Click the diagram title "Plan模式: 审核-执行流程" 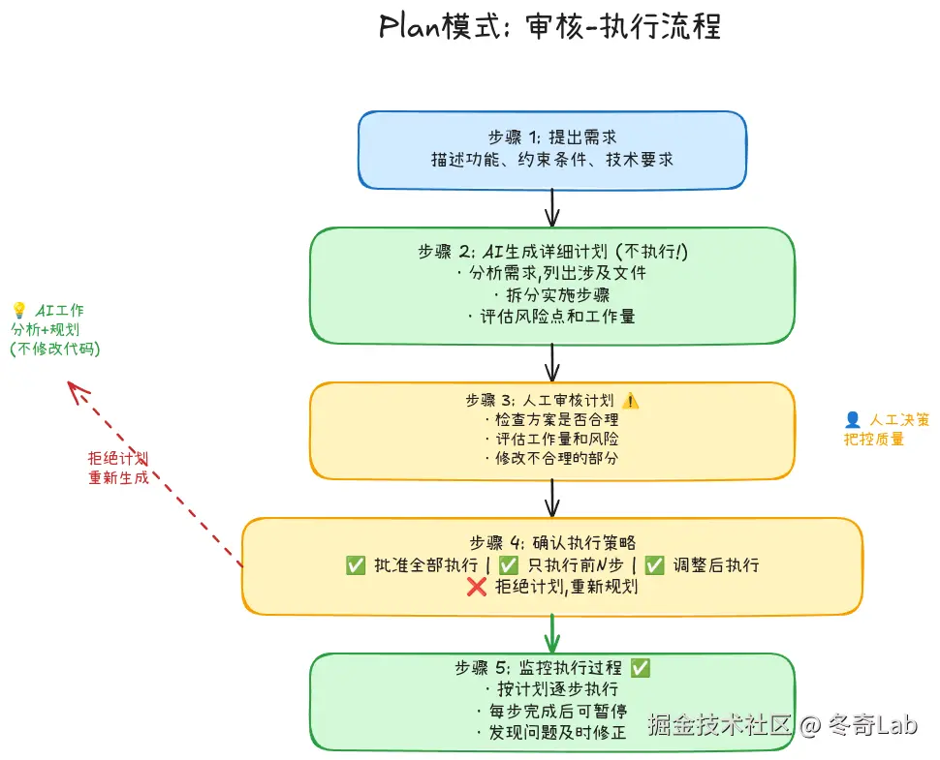550,26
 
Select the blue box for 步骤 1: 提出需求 552,149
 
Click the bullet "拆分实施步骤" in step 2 552,294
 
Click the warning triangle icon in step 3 631,400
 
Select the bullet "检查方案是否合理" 550,420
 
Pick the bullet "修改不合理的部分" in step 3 550,458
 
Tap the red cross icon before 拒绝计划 476,586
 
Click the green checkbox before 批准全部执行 356,565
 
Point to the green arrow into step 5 552,634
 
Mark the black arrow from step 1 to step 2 552,207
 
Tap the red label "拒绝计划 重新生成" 118,468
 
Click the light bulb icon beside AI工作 18,310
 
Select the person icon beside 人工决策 853,419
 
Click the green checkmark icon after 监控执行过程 641,668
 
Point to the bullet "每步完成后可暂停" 552,711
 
